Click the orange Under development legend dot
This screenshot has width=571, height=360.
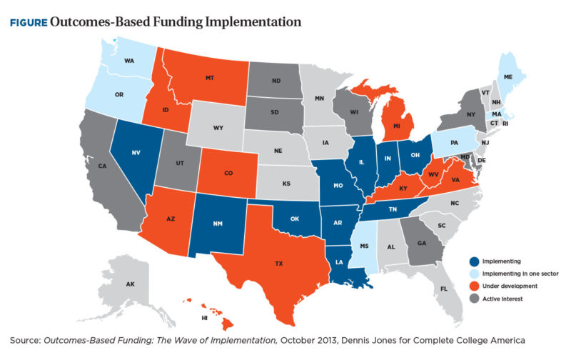pos(475,285)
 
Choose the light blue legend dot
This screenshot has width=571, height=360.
pos(475,273)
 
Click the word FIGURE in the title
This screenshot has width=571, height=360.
pos(28,22)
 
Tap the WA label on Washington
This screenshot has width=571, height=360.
pos(128,61)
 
